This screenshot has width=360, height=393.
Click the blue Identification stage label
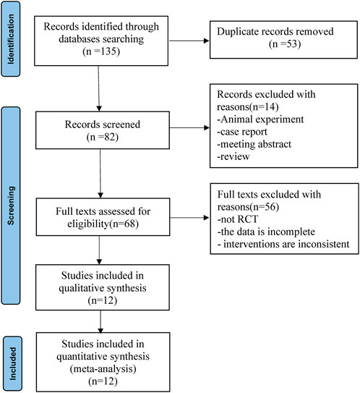click(11, 39)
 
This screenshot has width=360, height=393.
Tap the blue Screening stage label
click(11, 206)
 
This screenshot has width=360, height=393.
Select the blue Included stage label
click(12, 363)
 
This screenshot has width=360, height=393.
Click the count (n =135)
click(101, 51)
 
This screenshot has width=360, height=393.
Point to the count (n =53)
click(285, 44)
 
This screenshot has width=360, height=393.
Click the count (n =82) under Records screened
click(103, 137)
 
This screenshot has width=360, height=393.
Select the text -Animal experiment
click(260, 119)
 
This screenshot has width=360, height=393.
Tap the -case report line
click(242, 132)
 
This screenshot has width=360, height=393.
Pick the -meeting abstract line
click(254, 144)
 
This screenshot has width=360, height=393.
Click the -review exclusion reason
click(233, 156)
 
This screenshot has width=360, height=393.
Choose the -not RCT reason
click(238, 219)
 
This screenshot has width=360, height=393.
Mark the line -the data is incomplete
click(266, 232)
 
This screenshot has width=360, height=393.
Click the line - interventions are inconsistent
click(283, 244)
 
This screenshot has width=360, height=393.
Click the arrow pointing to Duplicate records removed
click(189, 41)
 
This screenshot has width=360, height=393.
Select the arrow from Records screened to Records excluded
click(189, 128)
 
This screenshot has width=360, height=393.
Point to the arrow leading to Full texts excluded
click(189, 218)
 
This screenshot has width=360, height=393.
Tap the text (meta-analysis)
click(103, 369)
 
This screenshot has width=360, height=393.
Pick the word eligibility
click(88, 224)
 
